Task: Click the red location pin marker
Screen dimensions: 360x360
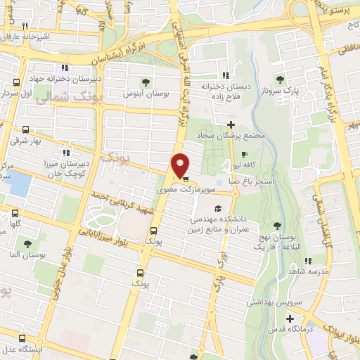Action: [x=181, y=165]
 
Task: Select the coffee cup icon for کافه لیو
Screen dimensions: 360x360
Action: [x=244, y=155]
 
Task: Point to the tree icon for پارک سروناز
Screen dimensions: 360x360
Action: [x=281, y=79]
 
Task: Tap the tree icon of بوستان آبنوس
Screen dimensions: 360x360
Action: [x=146, y=82]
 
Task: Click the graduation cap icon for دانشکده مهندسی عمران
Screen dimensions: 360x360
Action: [x=218, y=209]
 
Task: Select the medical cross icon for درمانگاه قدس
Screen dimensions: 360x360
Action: [x=289, y=318]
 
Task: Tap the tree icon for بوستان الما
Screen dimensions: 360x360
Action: [x=27, y=244]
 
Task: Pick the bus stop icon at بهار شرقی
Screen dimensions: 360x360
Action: [x=26, y=129]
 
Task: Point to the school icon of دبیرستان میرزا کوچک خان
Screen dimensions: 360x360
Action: [x=67, y=151]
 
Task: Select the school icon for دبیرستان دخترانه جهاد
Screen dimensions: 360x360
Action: [x=65, y=67]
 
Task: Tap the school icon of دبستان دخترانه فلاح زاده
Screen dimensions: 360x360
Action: [x=225, y=76]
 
